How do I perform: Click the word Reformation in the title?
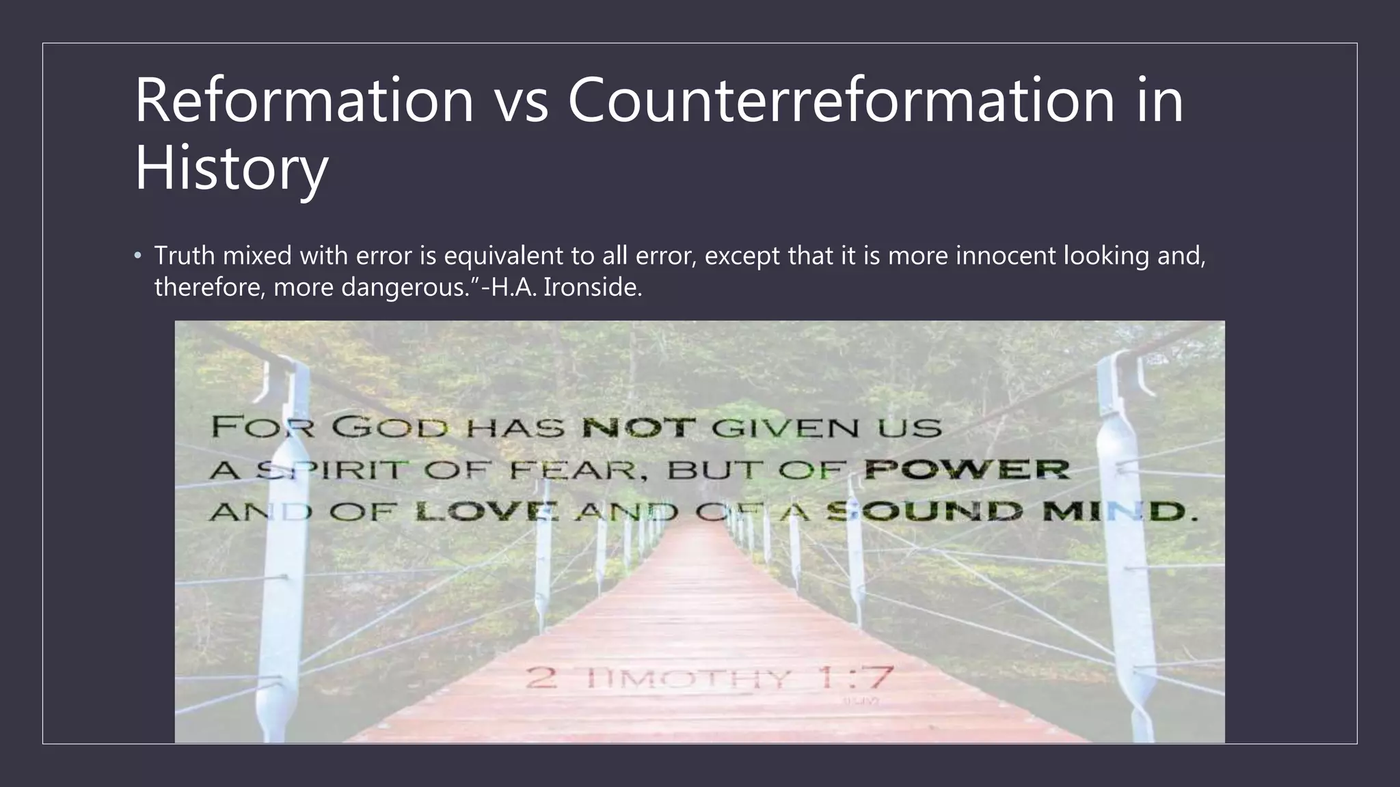[x=304, y=100]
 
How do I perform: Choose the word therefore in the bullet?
[x=209, y=288]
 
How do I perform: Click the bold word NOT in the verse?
[x=638, y=428]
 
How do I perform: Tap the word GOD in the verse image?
[x=390, y=428]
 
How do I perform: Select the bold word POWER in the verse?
[x=966, y=470]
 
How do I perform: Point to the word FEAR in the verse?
[x=578, y=470]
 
